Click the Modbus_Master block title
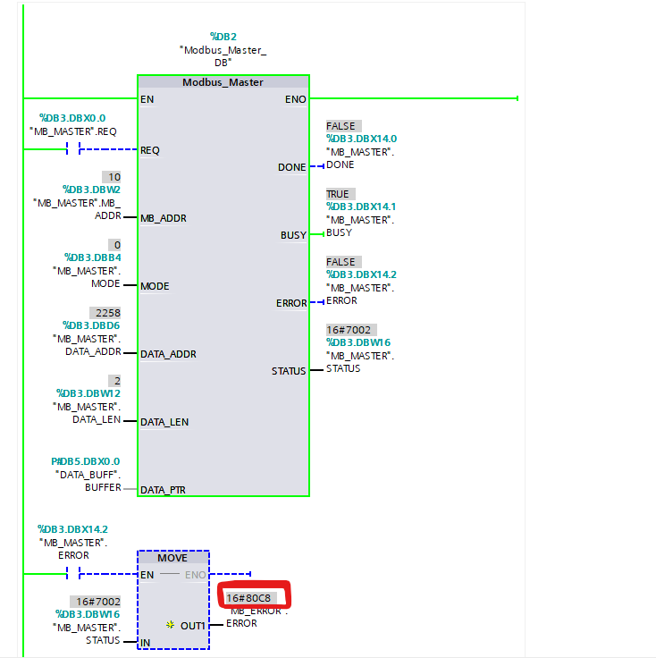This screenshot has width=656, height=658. point(223,82)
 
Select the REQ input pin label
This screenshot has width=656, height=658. point(150,150)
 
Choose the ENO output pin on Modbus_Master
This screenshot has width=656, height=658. point(296,99)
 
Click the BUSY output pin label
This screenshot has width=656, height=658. point(294,236)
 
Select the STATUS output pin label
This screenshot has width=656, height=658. point(289,371)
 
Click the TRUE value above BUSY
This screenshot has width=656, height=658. point(338,194)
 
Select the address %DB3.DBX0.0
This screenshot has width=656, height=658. point(72,118)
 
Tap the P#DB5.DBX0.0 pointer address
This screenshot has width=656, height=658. point(85,461)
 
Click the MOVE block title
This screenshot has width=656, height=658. point(172,558)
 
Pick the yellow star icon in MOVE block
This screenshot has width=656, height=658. point(170,625)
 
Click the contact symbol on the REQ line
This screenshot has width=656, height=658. point(73,150)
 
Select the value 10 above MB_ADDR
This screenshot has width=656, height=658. point(114,177)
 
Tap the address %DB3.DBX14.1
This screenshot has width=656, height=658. point(361,207)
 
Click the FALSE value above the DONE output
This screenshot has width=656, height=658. point(341,126)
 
